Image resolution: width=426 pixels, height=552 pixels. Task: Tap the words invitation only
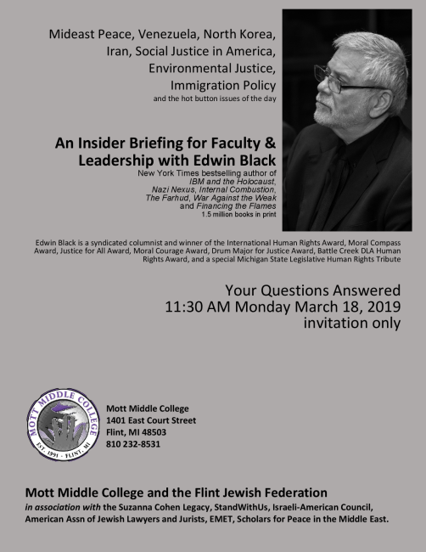click(x=351, y=324)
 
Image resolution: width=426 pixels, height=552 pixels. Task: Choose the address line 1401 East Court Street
click(x=151, y=420)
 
